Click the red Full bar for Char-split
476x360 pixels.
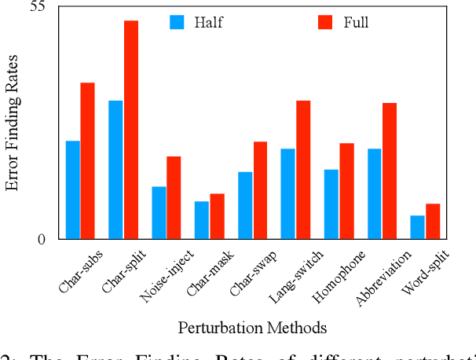(131, 130)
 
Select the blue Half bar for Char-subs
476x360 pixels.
(73, 189)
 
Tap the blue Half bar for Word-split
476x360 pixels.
(417, 227)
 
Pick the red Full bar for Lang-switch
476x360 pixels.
(303, 170)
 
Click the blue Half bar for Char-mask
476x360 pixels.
(202, 220)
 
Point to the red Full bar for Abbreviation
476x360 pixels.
(390, 171)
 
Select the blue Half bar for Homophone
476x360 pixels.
(331, 204)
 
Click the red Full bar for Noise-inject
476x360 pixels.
(174, 197)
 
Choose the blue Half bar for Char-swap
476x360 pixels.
(245, 205)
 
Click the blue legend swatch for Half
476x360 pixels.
(177, 22)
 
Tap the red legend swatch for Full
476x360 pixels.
(325, 22)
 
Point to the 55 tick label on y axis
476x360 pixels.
(37, 7)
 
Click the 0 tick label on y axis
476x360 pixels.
(41, 239)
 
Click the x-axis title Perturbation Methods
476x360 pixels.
(252, 327)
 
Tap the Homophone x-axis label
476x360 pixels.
(339, 277)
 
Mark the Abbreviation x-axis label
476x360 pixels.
(383, 278)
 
